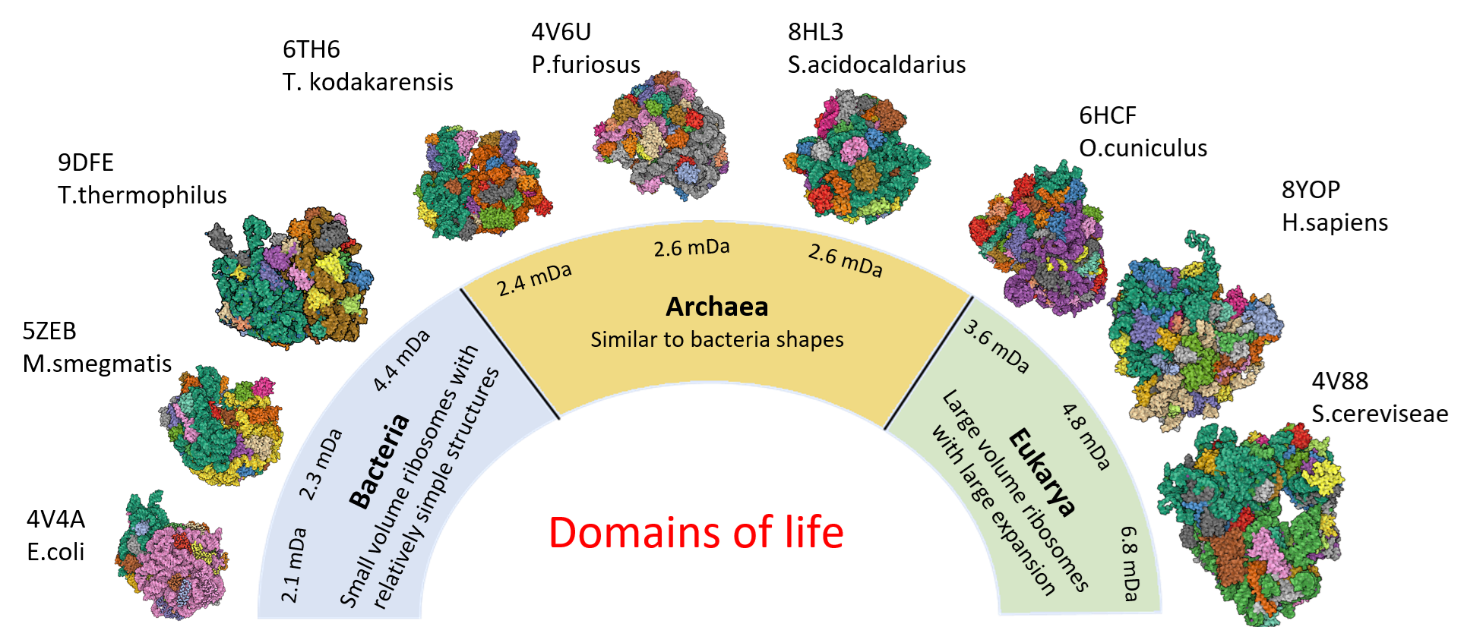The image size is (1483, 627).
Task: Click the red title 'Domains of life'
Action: pyautogui.click(x=696, y=532)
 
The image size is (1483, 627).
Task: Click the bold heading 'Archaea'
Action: pyautogui.click(x=717, y=307)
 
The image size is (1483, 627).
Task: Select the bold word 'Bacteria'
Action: pyautogui.click(x=379, y=460)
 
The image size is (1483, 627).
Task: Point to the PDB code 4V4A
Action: pyautogui.click(x=55, y=519)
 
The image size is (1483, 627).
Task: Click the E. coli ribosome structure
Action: pyautogui.click(x=172, y=555)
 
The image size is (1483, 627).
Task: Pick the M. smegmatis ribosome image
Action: pyautogui.click(x=220, y=426)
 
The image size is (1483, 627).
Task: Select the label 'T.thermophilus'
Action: pyautogui.click(x=142, y=195)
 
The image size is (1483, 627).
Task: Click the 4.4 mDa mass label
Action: pyautogui.click(x=401, y=361)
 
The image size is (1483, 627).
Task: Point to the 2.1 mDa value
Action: pyautogui.click(x=294, y=565)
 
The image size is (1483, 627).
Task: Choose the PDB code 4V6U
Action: pyautogui.click(x=561, y=32)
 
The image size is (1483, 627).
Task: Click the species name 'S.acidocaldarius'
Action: pyautogui.click(x=877, y=65)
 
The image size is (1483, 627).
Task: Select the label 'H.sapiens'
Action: pyautogui.click(x=1335, y=222)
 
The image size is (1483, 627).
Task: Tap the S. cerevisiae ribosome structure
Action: pyautogui.click(x=1251, y=525)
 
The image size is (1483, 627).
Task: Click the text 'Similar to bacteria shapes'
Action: pyautogui.click(x=717, y=339)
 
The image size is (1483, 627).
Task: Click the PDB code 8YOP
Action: pyautogui.click(x=1311, y=190)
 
